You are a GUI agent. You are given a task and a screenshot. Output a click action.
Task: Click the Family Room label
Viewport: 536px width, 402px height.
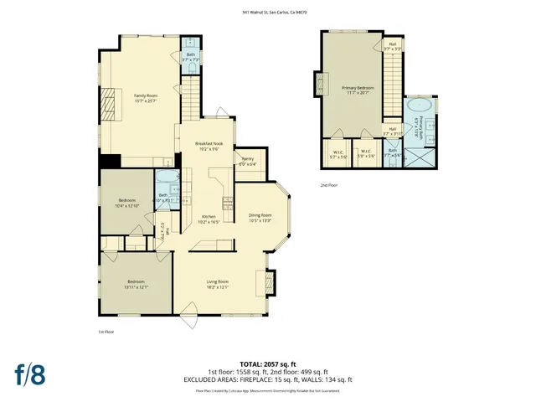(147, 95)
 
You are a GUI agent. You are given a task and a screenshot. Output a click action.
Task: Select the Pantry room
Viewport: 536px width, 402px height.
(248, 162)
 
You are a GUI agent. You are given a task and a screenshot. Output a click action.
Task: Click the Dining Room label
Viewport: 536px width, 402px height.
(260, 215)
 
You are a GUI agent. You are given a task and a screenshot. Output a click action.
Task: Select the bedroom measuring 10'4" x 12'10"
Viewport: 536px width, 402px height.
(126, 202)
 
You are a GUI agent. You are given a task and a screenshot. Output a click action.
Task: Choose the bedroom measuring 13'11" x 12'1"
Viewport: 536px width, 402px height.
(137, 283)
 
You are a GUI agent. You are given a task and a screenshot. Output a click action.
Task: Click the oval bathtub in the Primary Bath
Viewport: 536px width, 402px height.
(418, 108)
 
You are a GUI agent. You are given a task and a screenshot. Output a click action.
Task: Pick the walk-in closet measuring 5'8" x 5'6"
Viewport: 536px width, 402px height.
(366, 155)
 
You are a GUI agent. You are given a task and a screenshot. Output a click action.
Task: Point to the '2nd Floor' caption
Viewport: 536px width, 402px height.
(329, 185)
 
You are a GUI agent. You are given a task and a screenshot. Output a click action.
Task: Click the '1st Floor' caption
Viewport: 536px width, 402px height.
(106, 332)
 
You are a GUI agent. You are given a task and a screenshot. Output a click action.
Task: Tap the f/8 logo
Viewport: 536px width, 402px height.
(29, 373)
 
